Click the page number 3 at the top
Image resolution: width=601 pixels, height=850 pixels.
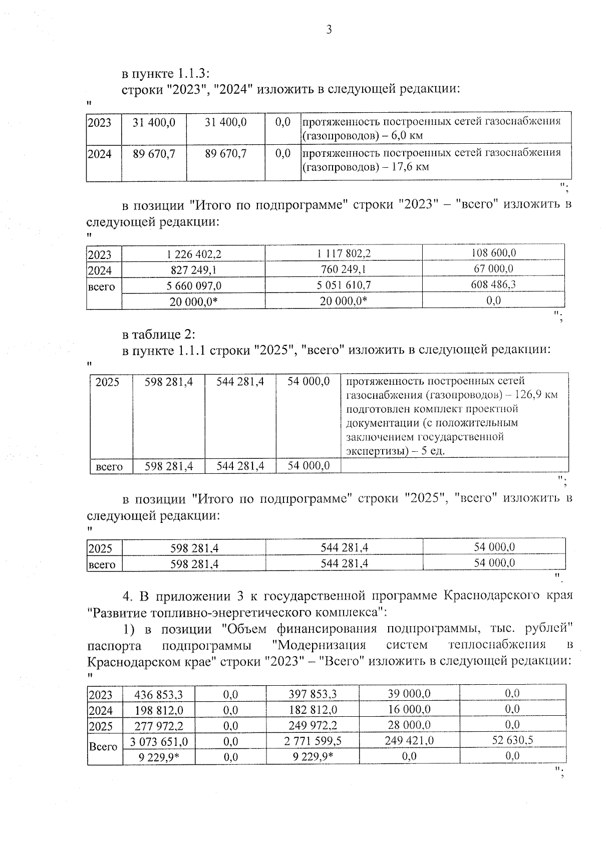tap(329, 30)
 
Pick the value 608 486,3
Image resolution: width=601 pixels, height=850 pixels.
tap(493, 285)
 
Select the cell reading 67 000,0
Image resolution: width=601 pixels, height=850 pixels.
tap(493, 269)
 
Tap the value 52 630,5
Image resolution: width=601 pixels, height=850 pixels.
tap(512, 740)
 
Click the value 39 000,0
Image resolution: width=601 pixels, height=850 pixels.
tap(409, 694)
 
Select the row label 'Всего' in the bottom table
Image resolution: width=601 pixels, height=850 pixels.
tap(103, 747)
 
